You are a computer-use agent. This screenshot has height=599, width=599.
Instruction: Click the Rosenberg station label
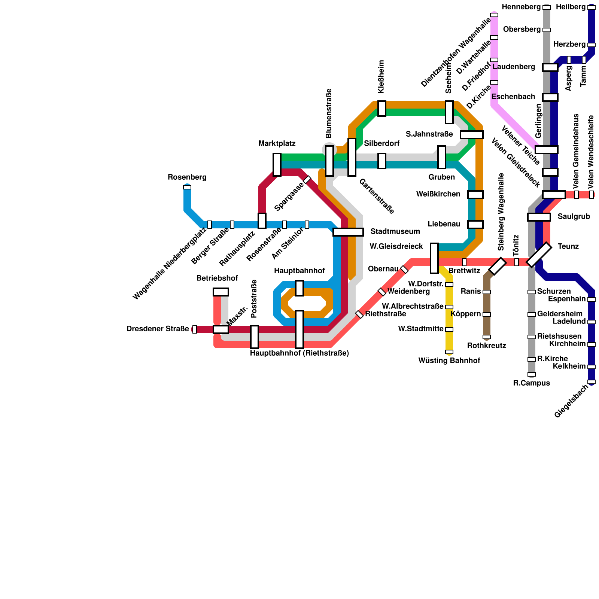coord(187,177)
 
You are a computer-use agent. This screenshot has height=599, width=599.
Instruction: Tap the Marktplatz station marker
coord(277,164)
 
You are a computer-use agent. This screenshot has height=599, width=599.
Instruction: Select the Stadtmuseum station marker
coord(348,232)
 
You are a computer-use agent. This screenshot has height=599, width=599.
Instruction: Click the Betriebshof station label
coord(217,279)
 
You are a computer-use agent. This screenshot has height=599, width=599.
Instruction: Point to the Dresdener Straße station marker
coord(195,329)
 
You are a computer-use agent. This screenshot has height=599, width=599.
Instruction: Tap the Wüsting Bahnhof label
coord(449,361)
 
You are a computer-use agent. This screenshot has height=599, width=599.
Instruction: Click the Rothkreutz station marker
coord(487,337)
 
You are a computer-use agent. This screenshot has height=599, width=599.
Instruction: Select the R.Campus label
coord(531,383)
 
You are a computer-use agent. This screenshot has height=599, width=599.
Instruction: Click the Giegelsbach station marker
coord(592,382)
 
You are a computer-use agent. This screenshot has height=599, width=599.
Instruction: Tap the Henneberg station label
coord(522,7)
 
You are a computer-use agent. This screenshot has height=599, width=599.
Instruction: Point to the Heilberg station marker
coord(592,7)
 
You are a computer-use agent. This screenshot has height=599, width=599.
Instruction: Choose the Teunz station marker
coord(539,255)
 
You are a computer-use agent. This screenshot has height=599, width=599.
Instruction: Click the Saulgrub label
coord(574,217)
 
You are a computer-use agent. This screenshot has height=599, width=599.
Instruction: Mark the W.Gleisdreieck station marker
coord(434,258)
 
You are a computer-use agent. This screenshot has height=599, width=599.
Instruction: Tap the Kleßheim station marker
coord(382,109)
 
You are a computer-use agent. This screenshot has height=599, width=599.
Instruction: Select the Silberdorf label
coord(381,144)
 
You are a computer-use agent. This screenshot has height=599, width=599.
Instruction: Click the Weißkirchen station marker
coord(475,195)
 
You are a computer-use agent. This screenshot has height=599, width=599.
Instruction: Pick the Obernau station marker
coord(404,270)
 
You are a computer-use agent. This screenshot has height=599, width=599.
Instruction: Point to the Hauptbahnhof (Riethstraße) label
coord(299,353)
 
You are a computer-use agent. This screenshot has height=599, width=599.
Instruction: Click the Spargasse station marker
coord(307,180)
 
